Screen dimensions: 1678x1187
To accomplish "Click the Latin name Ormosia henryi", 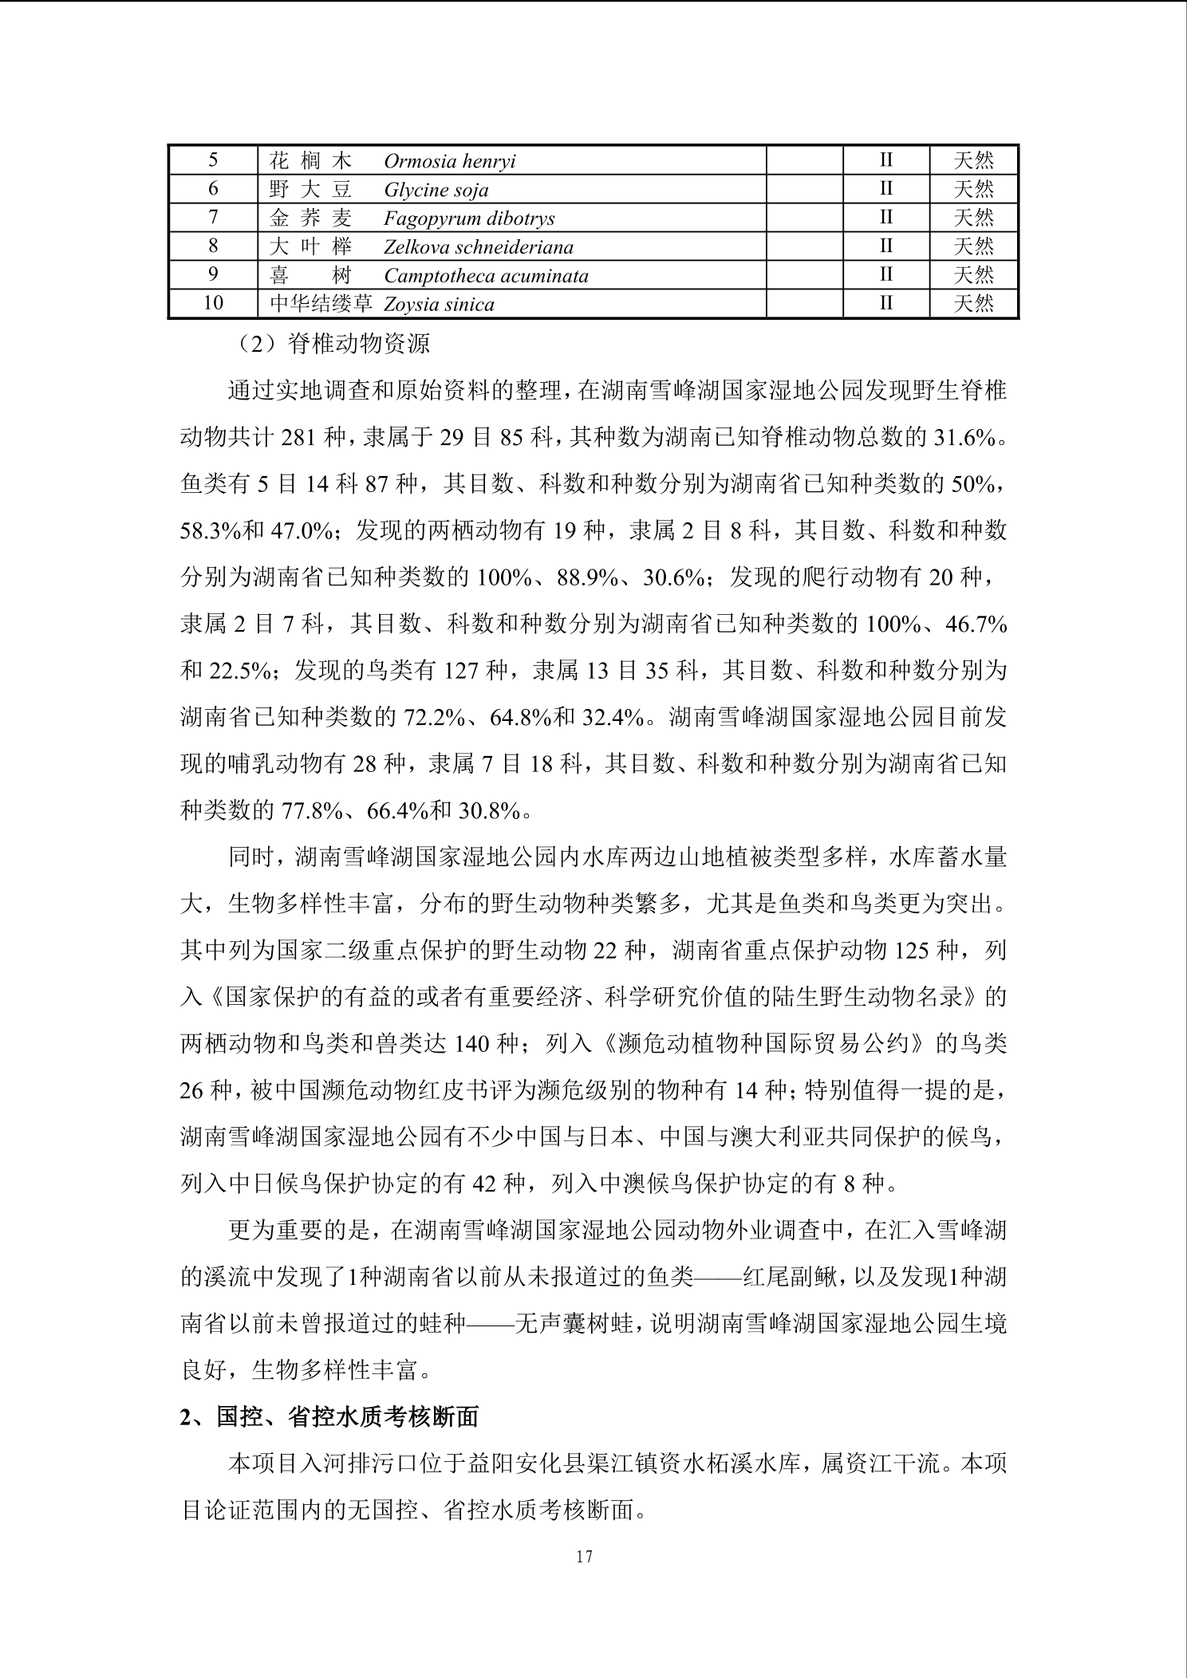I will pos(449,162).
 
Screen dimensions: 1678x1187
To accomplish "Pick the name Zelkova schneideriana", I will pos(478,247).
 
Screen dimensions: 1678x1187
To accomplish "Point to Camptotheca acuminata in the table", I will pos(486,276).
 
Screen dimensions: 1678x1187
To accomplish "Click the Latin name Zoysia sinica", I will pos(439,305).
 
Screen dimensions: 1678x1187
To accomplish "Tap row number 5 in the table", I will pos(213,161).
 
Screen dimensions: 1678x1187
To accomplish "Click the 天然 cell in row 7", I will pos(973,219).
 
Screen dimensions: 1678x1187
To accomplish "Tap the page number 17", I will pos(584,1556).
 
